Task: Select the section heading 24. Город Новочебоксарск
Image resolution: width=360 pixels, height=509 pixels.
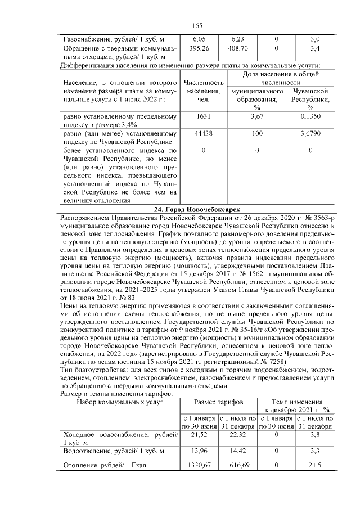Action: [196, 209]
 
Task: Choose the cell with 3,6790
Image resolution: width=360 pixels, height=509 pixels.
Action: [310, 135]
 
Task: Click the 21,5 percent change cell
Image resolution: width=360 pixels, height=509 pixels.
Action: [315, 465]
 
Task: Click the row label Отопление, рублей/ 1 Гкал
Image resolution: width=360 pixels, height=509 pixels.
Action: [105, 465]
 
